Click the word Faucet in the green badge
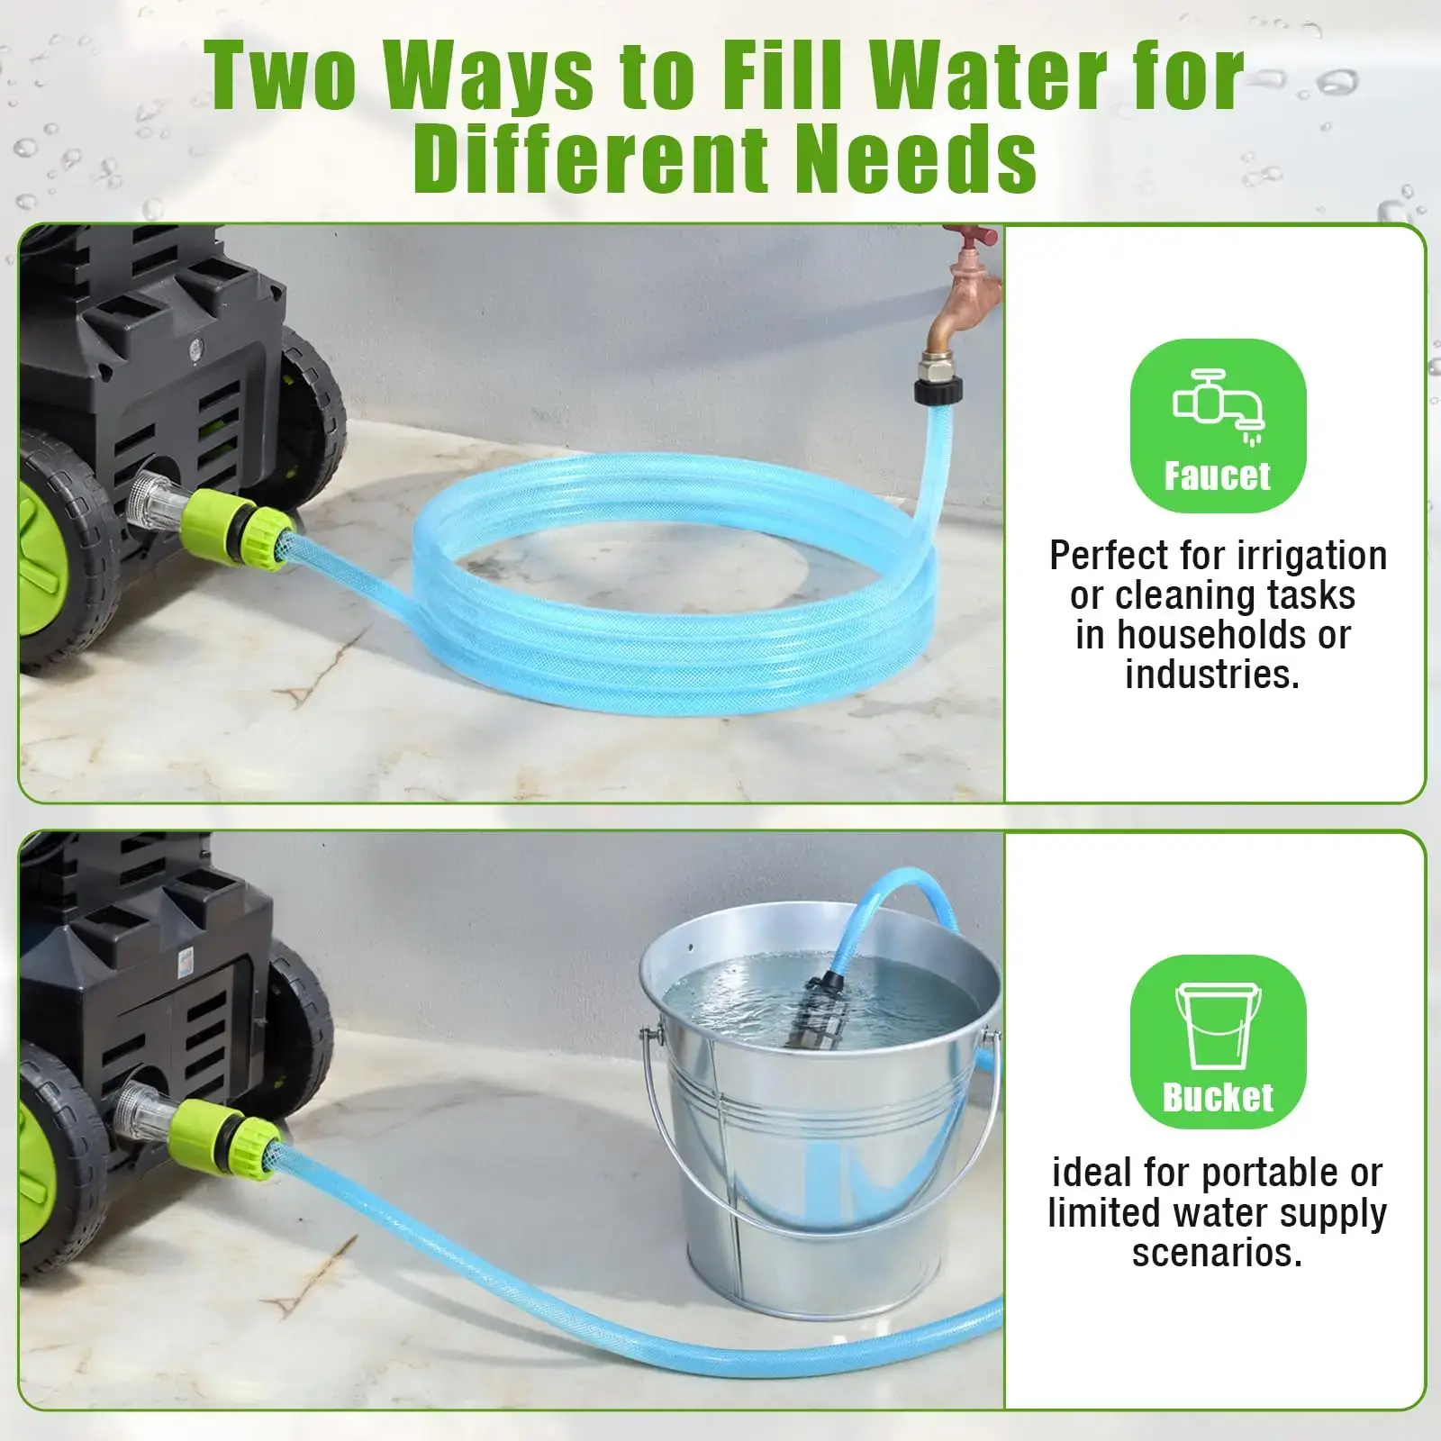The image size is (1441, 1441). click(x=1217, y=476)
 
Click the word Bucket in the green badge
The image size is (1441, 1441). click(x=1218, y=1097)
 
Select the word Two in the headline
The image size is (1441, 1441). click(x=280, y=77)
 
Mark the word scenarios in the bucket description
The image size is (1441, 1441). click(x=1217, y=1253)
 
